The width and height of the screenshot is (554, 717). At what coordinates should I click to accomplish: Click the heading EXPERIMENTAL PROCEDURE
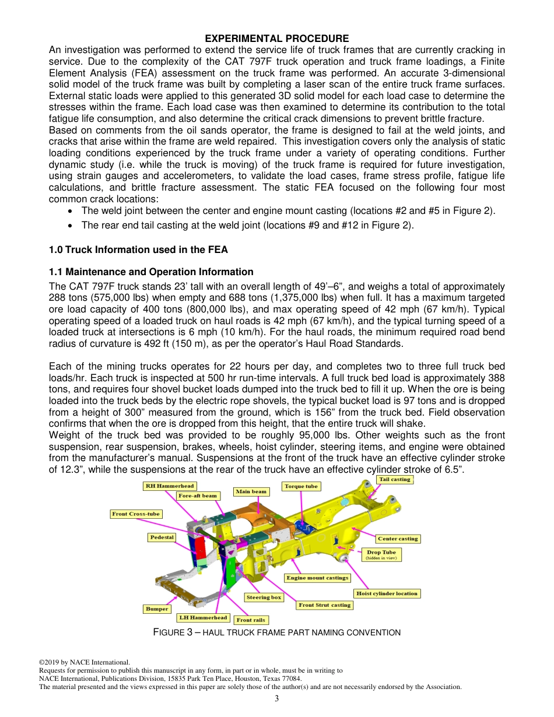click(277, 38)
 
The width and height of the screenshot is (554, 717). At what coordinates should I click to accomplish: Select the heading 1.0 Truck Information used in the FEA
click(138, 249)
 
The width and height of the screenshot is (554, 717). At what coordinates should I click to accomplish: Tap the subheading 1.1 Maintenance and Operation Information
click(151, 272)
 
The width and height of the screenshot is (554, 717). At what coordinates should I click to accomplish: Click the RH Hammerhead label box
click(170, 486)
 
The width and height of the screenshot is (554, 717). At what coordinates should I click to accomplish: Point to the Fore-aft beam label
click(198, 496)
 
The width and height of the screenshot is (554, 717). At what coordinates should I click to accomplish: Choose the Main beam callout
click(251, 492)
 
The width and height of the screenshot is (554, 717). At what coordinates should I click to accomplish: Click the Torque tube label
click(301, 486)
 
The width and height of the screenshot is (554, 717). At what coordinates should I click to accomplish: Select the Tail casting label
click(395, 480)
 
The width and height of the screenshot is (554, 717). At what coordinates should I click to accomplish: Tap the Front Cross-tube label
click(136, 514)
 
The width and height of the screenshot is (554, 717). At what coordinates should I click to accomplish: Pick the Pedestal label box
click(162, 537)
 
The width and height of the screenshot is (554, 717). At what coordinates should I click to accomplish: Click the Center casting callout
click(398, 539)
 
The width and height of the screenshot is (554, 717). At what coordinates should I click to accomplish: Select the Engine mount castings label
click(317, 578)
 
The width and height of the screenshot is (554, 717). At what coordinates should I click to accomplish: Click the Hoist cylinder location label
click(387, 594)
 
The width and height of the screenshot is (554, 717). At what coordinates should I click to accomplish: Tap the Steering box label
click(264, 597)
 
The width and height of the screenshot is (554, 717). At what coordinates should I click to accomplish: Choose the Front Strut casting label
click(324, 605)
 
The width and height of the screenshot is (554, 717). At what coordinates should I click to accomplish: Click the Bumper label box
click(157, 609)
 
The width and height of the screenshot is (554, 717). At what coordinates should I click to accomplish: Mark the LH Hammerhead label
click(203, 618)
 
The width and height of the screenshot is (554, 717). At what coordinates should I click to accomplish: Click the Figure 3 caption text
click(276, 632)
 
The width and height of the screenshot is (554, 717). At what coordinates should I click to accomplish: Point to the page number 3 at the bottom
click(277, 699)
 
